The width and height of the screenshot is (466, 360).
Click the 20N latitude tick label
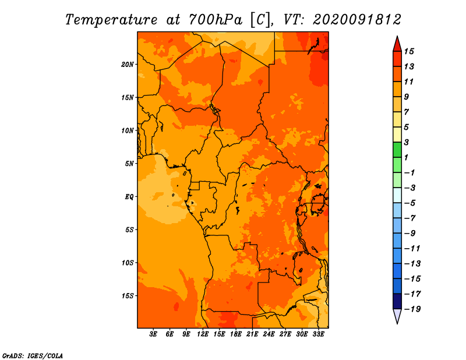coord(128,64)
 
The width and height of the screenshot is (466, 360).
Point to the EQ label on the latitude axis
coord(129,196)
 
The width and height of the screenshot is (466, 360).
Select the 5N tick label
coord(129,164)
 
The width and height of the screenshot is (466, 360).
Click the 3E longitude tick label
coord(153,334)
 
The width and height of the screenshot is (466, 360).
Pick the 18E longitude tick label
coord(236,334)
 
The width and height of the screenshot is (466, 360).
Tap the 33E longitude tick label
coord(318,334)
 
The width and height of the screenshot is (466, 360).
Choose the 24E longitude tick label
coord(269,334)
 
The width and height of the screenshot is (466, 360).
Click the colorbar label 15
coord(409,51)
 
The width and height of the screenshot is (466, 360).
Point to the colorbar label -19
coord(412,309)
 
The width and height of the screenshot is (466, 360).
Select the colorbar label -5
coord(411,203)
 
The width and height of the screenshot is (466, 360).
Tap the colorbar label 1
coord(406,157)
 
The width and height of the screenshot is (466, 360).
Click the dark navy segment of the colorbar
coord(397,301)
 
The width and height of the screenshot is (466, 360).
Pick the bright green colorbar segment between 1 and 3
coord(397,150)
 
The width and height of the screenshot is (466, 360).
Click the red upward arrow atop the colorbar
coord(397,44)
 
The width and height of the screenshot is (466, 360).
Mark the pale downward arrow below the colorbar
coord(397,316)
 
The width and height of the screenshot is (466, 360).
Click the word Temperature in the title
coord(111,20)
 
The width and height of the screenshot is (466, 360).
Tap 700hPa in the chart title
coord(215,20)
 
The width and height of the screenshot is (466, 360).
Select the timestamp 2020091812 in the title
coord(356,20)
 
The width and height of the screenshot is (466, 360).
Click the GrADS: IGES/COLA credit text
coord(33,355)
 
